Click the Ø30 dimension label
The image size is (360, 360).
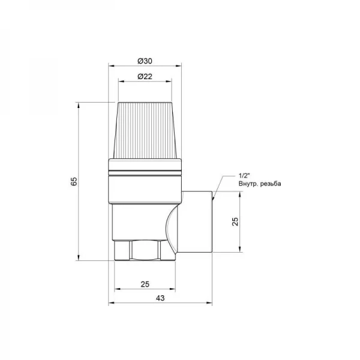(145, 61)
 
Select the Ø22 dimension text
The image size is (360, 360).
(145, 76)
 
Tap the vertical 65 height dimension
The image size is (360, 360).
(74, 181)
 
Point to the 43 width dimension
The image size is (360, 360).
(160, 298)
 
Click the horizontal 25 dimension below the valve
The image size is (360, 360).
(145, 284)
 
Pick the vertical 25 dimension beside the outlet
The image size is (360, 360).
(235, 221)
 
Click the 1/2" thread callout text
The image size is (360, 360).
(244, 176)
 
